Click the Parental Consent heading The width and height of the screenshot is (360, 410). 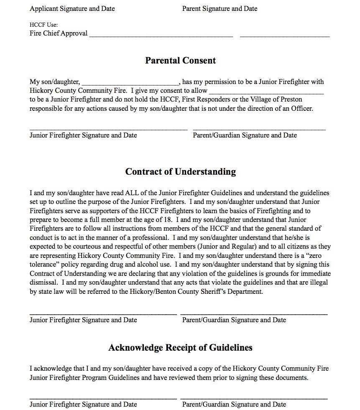(180, 61)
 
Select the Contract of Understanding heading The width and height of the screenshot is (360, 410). (180, 172)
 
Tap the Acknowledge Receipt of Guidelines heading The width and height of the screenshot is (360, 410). (180, 348)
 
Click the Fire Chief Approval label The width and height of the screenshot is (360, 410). (59, 33)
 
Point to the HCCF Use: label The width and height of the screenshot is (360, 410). (41, 25)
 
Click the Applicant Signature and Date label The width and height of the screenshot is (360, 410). (72, 8)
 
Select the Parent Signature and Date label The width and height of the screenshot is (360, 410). (220, 8)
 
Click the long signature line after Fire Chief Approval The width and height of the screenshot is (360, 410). (161, 36)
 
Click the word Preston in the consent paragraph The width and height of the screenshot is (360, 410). (291, 99)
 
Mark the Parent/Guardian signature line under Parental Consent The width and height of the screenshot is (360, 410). (259, 129)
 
